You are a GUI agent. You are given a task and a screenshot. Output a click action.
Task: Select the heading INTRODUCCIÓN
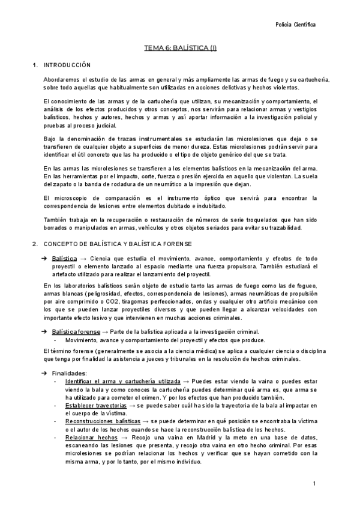click(x=67, y=64)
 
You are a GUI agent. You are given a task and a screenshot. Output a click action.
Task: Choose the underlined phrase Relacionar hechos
click(x=91, y=438)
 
